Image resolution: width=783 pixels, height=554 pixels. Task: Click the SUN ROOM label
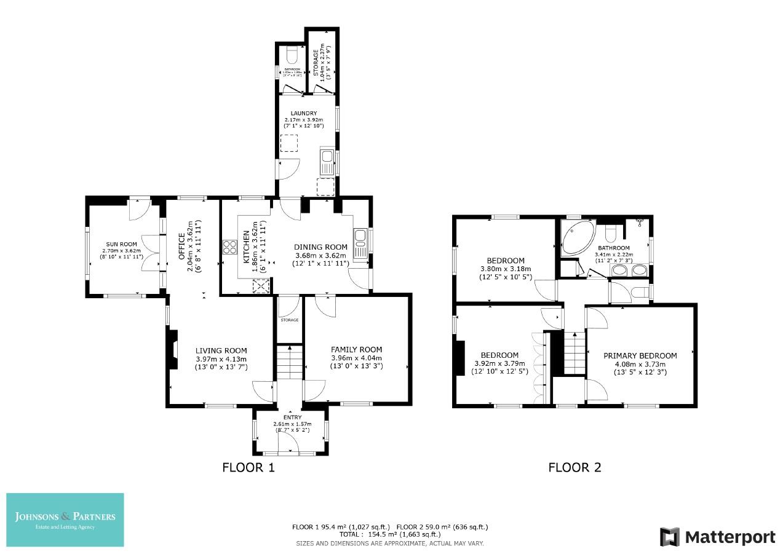pos(122,243)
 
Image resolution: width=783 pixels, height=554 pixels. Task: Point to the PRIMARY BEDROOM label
pos(640,355)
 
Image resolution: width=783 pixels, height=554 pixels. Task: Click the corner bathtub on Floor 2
pos(576,237)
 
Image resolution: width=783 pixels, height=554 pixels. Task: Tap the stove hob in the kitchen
pos(230,247)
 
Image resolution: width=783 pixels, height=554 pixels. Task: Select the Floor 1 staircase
pos(288,363)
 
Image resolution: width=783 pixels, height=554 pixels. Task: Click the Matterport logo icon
pos(670,537)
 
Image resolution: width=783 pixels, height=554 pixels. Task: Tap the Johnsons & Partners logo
pos(65,520)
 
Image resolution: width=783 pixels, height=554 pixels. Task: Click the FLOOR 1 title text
pos(248,468)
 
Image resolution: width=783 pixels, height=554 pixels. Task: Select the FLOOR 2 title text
pos(574,468)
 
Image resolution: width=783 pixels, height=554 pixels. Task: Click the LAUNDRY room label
pos(304,113)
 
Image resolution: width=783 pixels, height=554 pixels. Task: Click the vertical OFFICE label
pos(182,247)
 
